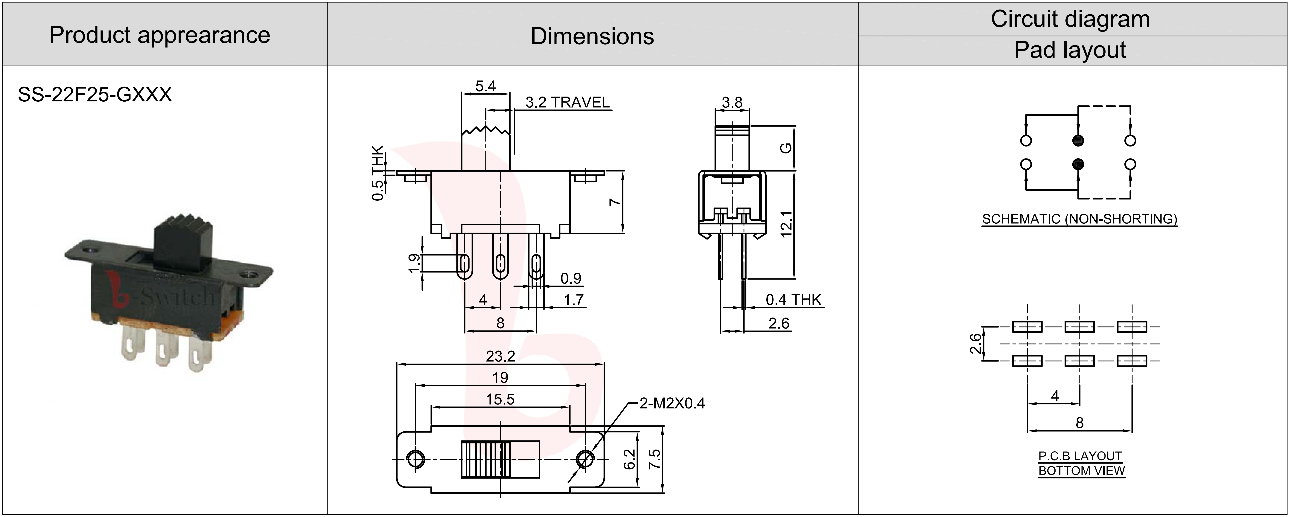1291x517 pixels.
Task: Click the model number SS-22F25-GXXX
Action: point(95,95)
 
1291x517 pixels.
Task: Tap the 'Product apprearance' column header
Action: point(159,35)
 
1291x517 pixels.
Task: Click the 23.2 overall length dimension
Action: point(500,356)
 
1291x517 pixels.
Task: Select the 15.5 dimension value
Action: point(500,399)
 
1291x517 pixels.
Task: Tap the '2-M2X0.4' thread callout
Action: point(672,403)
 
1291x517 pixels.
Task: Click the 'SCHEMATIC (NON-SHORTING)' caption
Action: point(1080,219)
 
